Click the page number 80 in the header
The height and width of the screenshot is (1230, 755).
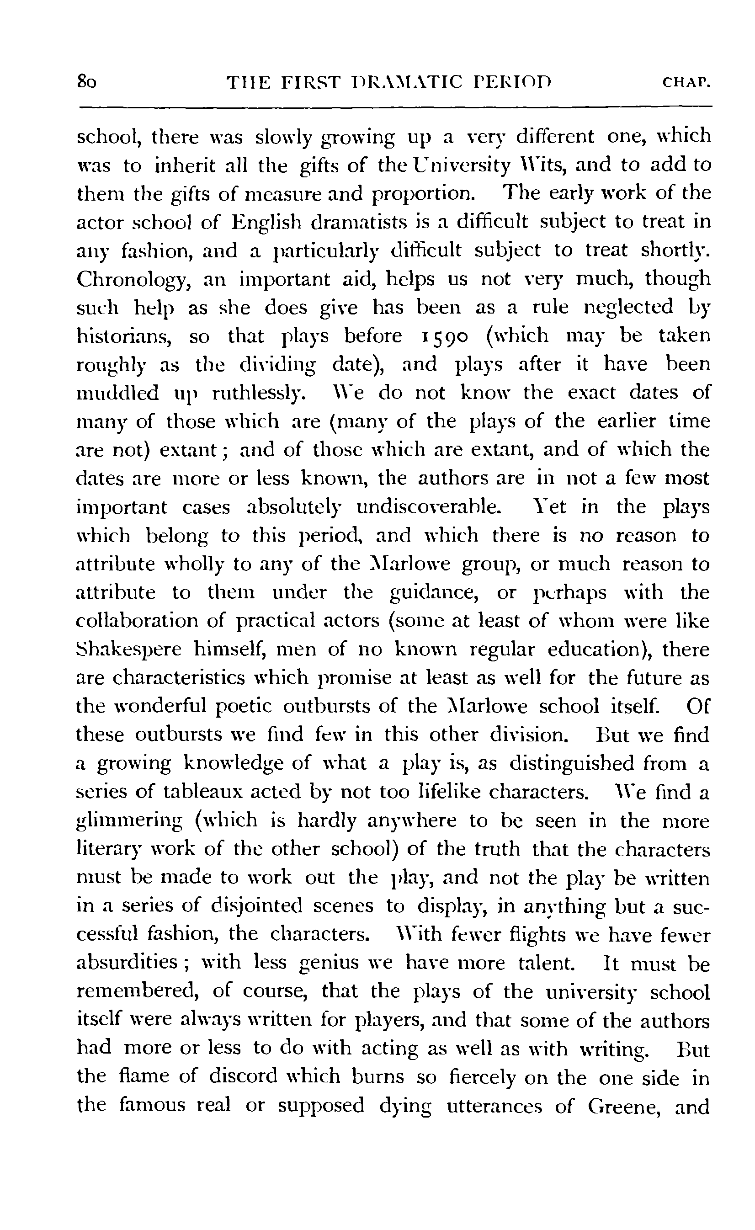(86, 82)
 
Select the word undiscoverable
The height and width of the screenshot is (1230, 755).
(428, 507)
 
